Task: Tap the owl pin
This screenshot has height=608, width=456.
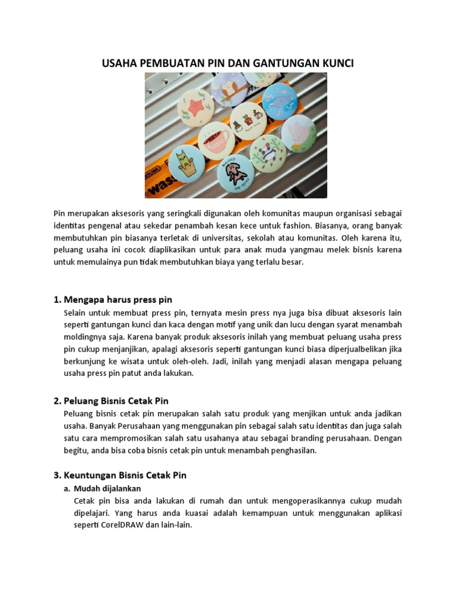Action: pyautogui.click(x=230, y=90)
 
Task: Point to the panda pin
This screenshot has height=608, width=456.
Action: pyautogui.click(x=268, y=153)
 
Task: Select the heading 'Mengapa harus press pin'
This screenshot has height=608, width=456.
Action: pyautogui.click(x=118, y=299)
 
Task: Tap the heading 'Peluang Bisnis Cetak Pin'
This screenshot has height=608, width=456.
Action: pyautogui.click(x=119, y=401)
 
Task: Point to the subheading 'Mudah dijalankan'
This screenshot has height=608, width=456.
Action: pyautogui.click(x=107, y=488)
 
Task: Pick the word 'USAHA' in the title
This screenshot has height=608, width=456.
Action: pyautogui.click(x=119, y=63)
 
